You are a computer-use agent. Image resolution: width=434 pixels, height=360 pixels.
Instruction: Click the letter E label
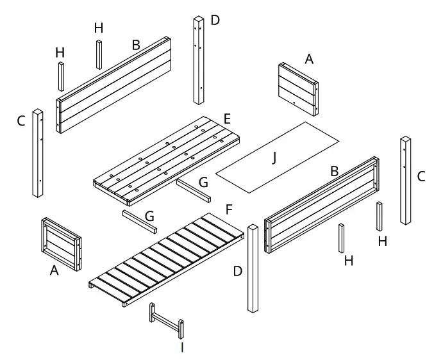[x=227, y=118]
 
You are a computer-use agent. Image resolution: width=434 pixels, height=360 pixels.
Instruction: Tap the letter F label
[x=229, y=209]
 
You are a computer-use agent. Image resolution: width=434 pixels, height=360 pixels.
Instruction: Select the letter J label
[x=274, y=158]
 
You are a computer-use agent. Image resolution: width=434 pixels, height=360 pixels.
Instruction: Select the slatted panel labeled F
[x=168, y=259]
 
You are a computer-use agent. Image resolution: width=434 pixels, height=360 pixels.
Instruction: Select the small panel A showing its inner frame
[x=62, y=243]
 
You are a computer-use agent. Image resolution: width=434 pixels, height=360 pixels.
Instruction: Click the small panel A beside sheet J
[x=298, y=88]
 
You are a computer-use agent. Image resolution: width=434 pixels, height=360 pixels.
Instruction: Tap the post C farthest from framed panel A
[x=406, y=180]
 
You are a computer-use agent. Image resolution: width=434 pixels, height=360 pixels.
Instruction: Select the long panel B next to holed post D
[x=114, y=83]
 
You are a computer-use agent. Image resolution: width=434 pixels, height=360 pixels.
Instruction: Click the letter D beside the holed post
[x=215, y=20]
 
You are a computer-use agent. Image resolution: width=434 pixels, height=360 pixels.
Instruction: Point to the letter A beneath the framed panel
[x=54, y=272]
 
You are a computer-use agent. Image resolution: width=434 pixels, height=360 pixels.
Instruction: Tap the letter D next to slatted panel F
[x=238, y=272]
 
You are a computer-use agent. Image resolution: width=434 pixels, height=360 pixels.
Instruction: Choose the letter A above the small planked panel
[x=309, y=59]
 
